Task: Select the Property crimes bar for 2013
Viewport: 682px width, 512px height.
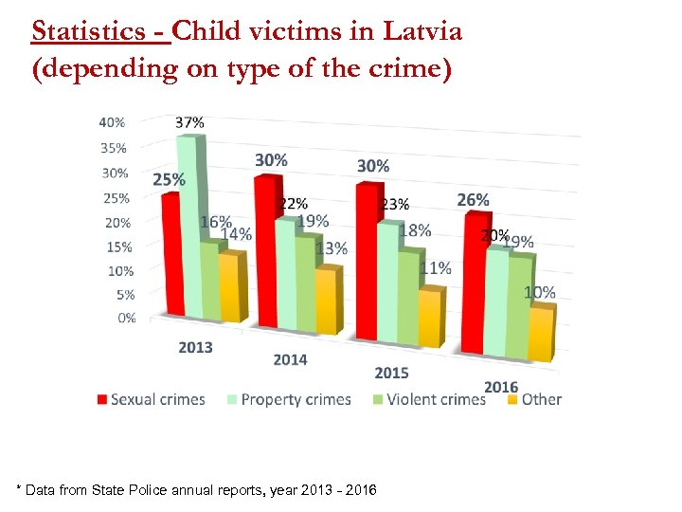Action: click(x=190, y=228)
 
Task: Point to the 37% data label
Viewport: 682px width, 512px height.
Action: click(x=189, y=122)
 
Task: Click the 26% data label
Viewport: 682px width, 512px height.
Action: click(x=473, y=200)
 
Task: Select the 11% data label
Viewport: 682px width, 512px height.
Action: click(x=435, y=268)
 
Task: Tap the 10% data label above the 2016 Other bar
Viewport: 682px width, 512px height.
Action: click(x=540, y=293)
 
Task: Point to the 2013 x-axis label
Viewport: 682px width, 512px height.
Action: click(x=196, y=347)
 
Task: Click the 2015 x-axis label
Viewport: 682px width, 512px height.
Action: click(x=391, y=373)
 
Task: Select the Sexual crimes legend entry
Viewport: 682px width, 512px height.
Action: click(x=151, y=399)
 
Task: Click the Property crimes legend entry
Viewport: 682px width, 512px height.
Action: click(x=289, y=399)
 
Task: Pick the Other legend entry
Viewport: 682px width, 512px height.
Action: click(x=534, y=399)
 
